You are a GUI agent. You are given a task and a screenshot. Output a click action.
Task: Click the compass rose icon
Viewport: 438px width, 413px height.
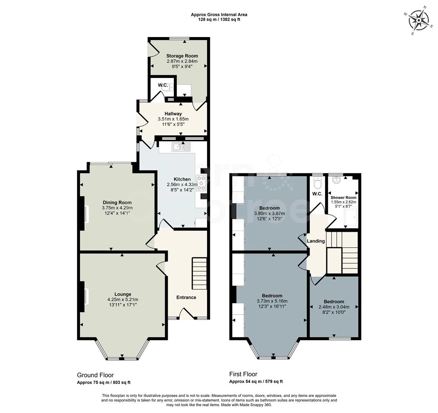pos(420,20)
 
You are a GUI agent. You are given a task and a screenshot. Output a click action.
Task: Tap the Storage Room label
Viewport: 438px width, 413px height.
pos(182,56)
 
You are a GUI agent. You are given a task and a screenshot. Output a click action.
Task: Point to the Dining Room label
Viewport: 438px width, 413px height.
pos(117,203)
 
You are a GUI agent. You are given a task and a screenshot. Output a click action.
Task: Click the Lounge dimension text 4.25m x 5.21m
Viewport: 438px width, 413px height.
pos(123,299)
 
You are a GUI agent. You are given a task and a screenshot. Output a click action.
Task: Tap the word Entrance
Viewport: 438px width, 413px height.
pos(186,297)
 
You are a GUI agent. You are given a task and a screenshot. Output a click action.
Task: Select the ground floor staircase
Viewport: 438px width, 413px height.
pos(199,273)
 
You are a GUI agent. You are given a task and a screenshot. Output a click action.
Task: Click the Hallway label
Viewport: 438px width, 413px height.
pos(173,114)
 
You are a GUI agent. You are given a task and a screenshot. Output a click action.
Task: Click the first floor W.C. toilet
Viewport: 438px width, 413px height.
pos(317,182)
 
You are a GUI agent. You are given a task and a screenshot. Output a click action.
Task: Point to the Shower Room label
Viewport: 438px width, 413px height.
pos(343,197)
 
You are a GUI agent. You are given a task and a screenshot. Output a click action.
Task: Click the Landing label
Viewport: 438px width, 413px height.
pos(316,241)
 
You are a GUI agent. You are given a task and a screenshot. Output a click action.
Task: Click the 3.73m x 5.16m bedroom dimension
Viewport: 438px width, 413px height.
pos(272,301)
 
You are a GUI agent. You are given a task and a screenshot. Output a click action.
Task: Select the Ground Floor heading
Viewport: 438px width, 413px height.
pos(95,375)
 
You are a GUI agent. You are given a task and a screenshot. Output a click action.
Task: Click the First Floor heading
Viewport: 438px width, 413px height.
pos(243,374)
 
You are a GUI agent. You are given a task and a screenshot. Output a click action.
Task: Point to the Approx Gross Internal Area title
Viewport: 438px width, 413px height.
pos(219,15)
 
